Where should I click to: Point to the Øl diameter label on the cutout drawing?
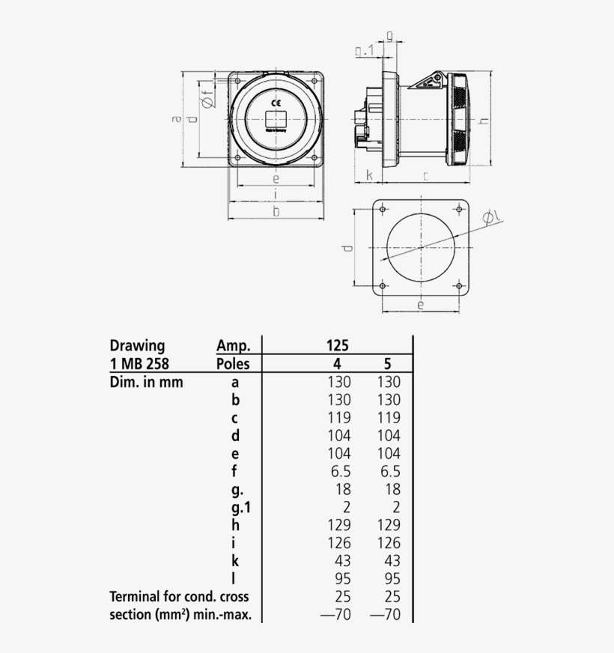coord(492,217)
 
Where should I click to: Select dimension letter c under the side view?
coord(425,175)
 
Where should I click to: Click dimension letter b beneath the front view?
coord(276,212)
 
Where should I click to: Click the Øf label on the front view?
coord(207,99)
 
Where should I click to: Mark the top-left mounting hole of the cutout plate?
coord(383,208)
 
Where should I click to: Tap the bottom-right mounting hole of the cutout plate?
coord(458,285)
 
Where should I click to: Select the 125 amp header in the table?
coord(338,346)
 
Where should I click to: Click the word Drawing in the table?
coord(137,346)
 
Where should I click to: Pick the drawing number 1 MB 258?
coord(139,364)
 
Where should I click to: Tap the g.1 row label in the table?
coord(239,507)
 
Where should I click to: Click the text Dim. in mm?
coord(146,382)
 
